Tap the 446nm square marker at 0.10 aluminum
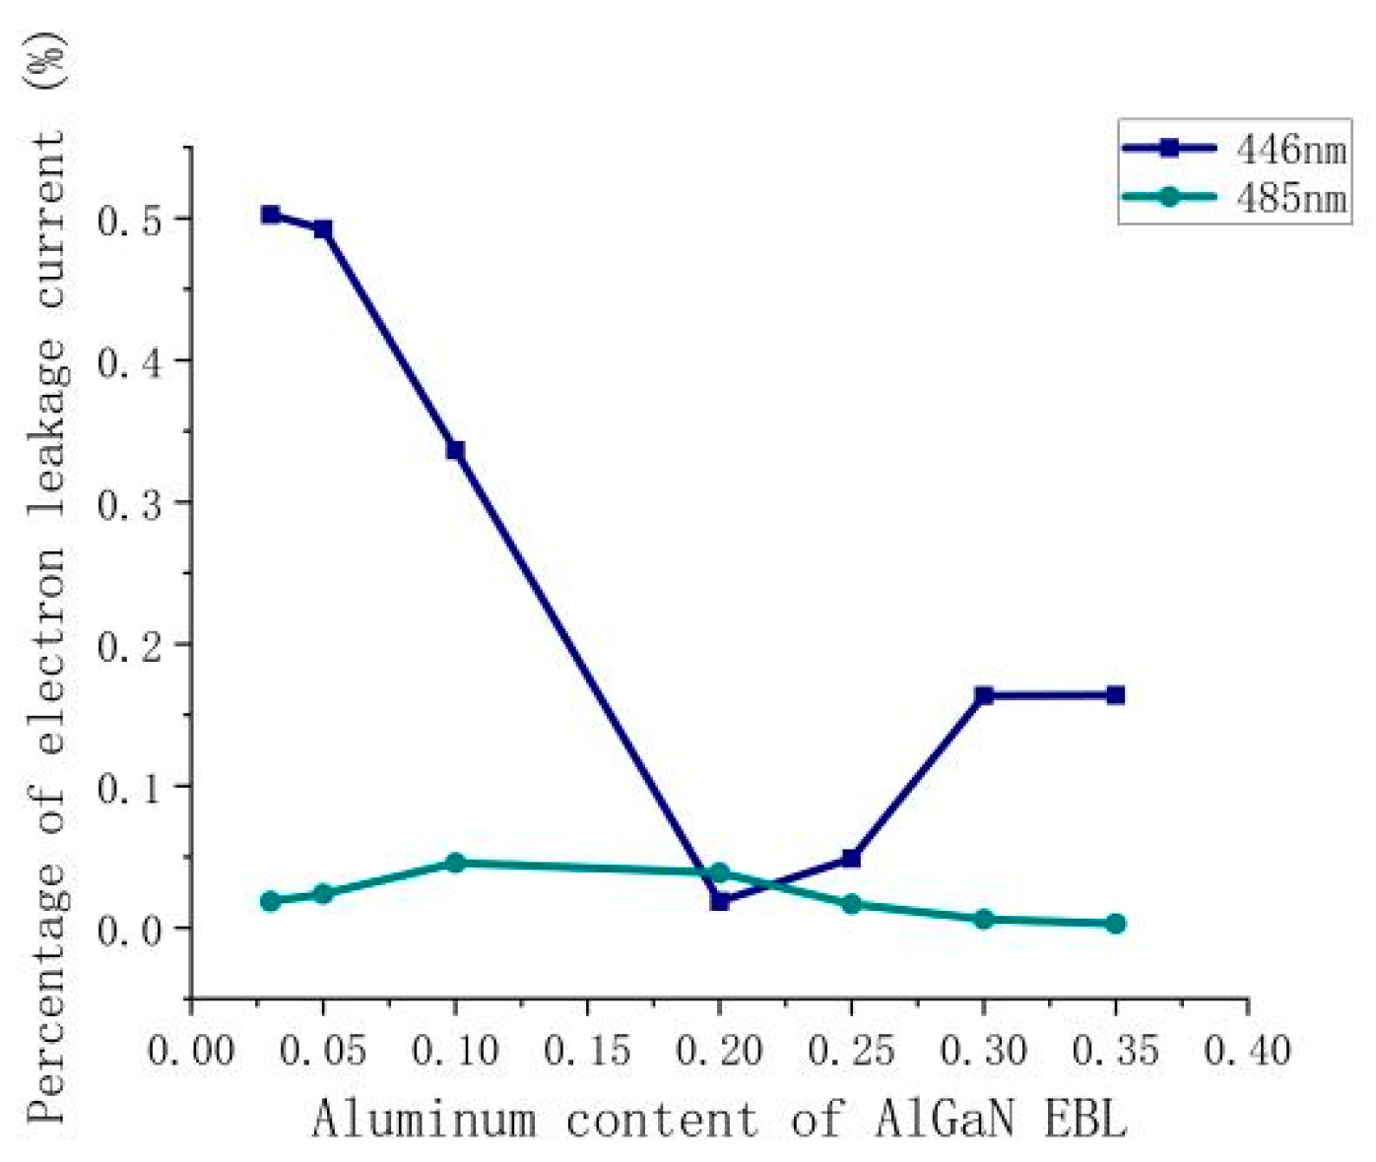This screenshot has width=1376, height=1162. click(x=455, y=450)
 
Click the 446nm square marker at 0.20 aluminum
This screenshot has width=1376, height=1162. click(x=719, y=900)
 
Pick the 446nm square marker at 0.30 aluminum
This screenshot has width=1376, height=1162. click(x=983, y=695)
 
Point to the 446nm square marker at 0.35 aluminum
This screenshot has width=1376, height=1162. click(x=1115, y=695)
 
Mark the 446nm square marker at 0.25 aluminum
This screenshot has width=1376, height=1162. click(x=851, y=859)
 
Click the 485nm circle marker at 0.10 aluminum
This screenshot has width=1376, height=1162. click(x=455, y=863)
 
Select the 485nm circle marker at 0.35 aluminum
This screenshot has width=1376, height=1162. click(x=1115, y=924)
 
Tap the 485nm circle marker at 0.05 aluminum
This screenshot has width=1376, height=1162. click(x=323, y=894)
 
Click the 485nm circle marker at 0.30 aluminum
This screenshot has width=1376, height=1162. click(x=983, y=919)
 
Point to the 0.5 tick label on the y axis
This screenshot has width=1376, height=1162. click(x=128, y=221)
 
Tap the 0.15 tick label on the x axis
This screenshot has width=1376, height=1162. click(x=587, y=1051)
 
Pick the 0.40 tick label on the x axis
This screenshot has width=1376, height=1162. click(x=1247, y=1051)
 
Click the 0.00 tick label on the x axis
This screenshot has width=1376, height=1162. click(x=191, y=1051)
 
